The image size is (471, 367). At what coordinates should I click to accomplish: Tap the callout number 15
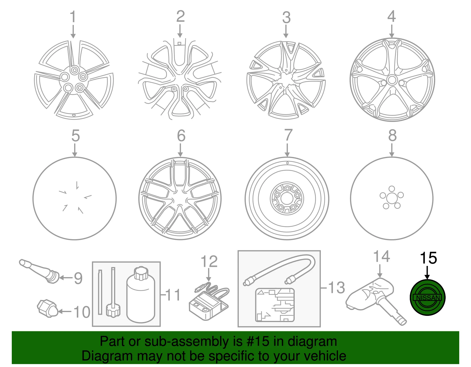click(428, 258)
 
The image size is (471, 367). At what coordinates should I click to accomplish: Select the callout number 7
click(288, 135)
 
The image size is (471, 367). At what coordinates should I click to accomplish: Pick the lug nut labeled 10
click(47, 309)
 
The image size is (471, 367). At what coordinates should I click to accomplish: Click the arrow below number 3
click(286, 31)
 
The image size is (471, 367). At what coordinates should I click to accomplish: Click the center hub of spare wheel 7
click(287, 198)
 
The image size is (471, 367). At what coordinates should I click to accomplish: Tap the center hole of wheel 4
click(392, 80)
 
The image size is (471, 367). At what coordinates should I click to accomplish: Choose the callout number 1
click(73, 16)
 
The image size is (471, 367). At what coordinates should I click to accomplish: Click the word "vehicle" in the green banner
click(325, 356)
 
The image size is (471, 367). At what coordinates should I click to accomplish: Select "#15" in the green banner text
click(258, 341)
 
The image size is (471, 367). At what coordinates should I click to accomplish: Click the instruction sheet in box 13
click(275, 305)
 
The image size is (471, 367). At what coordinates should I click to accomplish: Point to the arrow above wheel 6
click(180, 150)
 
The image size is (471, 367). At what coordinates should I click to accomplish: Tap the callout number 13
click(336, 288)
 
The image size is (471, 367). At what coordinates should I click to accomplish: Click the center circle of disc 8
click(392, 199)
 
